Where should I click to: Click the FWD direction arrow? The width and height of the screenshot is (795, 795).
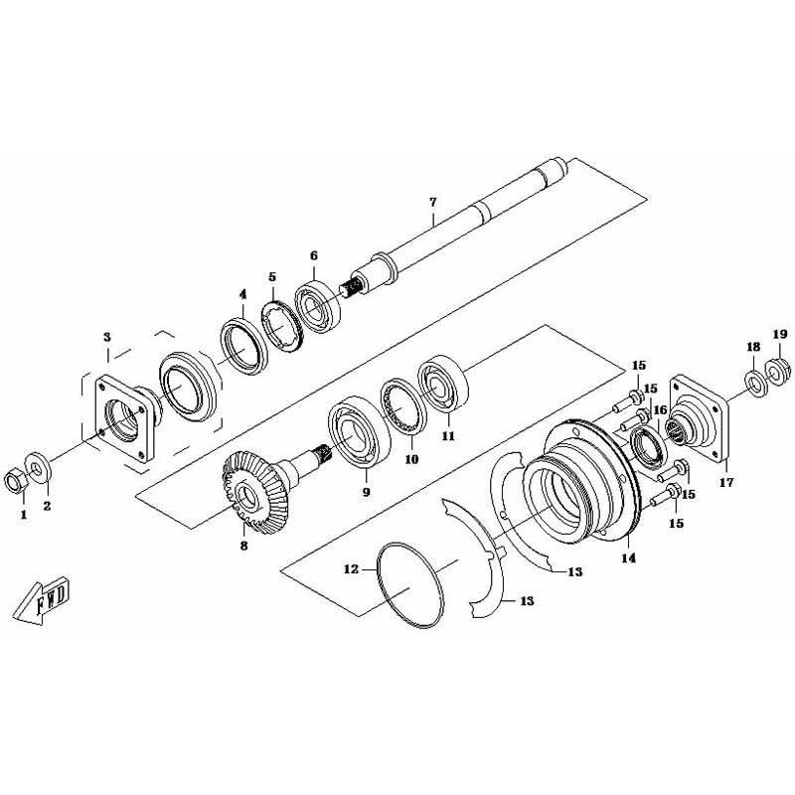tap(42, 601)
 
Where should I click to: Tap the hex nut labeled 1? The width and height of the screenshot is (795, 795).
tap(15, 480)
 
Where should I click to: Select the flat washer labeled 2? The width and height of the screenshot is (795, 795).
tap(38, 467)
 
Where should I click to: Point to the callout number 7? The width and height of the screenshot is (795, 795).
tap(432, 203)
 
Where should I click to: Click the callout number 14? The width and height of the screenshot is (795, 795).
tap(628, 558)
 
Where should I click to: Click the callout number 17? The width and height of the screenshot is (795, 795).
tap(726, 482)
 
